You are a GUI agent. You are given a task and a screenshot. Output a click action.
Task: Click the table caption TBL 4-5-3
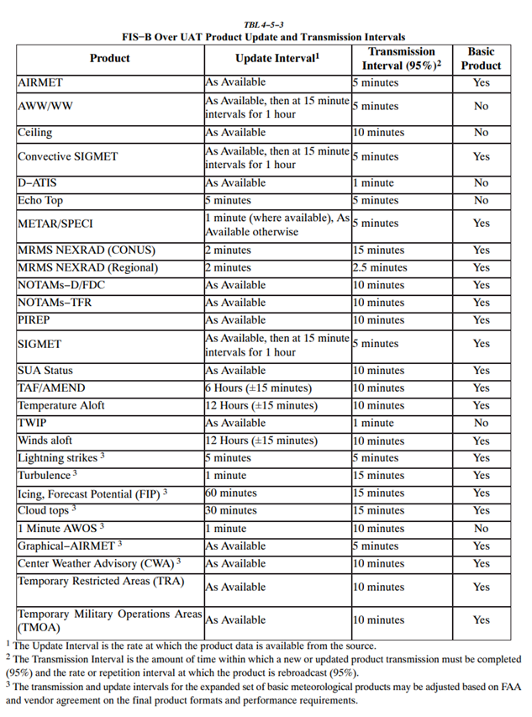265,25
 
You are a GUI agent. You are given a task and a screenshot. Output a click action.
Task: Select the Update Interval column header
277,58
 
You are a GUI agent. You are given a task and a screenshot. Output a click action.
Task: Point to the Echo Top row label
40,201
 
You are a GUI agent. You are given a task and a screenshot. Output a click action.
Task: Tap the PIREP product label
35,320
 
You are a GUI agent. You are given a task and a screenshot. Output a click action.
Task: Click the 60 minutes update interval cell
231,493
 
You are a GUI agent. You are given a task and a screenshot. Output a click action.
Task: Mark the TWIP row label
33,424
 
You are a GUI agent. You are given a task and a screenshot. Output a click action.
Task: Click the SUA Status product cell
45,371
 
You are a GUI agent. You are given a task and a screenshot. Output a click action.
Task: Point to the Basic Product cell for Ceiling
481,133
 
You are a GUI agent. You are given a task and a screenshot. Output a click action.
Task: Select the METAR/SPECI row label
55,224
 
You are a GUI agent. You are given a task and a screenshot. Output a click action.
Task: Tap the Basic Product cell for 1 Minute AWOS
481,529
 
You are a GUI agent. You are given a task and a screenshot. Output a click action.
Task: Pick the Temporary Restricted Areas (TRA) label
100,581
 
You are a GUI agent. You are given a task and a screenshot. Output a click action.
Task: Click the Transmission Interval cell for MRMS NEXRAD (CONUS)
378,250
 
